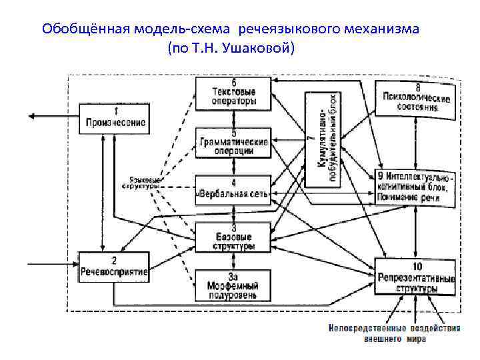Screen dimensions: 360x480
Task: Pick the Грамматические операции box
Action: tap(233, 142)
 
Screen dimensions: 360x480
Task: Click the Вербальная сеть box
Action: tap(233, 190)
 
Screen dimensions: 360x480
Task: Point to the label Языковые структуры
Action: tap(141, 183)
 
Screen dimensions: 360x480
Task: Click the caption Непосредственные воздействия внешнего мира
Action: tap(394, 333)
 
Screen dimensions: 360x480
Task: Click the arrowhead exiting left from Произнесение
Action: tap(31, 117)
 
